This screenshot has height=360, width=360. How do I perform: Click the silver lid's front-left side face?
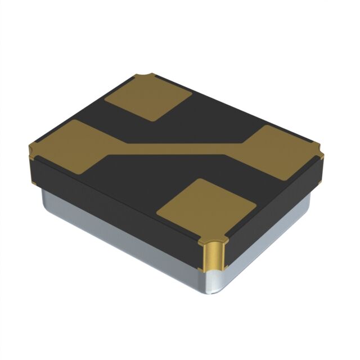click(118, 236)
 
